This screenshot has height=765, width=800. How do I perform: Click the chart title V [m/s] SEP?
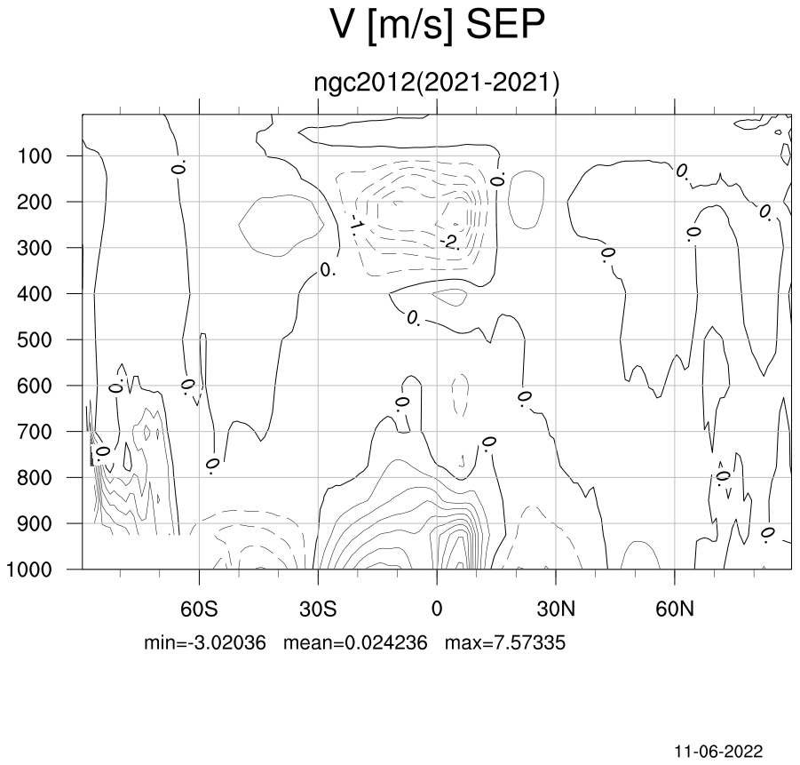point(437,26)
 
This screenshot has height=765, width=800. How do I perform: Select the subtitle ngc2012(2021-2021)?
point(437,83)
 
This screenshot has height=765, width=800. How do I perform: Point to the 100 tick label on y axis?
point(35,156)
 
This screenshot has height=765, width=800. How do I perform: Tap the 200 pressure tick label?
point(35,203)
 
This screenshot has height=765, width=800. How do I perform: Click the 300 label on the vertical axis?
point(35,248)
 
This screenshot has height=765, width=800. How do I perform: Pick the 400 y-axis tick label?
point(35,294)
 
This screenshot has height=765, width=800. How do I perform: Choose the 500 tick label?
point(35,340)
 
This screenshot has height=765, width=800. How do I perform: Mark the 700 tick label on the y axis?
point(35,432)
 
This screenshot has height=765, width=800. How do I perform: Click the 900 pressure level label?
point(35,524)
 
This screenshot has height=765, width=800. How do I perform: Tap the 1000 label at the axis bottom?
point(29,570)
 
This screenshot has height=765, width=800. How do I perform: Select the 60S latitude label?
point(199,609)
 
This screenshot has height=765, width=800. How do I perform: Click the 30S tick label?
point(318,609)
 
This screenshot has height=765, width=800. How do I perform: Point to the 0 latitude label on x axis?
point(437,609)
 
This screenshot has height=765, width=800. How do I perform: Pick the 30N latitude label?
point(556,609)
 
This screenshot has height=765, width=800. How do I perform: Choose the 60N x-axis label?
point(675,609)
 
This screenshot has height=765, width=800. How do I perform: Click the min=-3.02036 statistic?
point(205,642)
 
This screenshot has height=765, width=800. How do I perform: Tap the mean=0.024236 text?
point(355,642)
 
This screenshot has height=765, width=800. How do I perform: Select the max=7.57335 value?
point(505,642)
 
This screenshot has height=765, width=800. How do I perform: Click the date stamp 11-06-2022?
point(718,752)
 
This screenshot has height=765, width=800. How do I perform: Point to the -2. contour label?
point(450,242)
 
